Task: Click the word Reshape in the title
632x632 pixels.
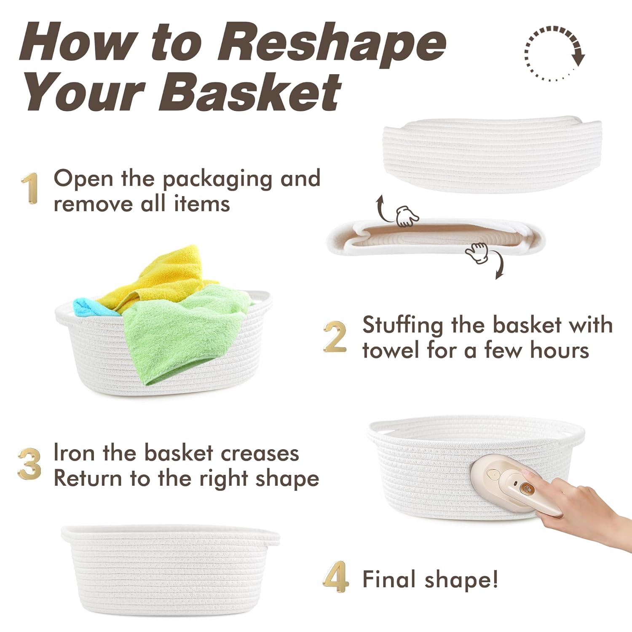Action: click(x=332, y=42)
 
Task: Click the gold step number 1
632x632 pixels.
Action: click(x=29, y=188)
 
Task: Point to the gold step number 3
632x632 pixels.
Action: click(x=29, y=463)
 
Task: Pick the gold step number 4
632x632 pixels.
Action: click(x=336, y=577)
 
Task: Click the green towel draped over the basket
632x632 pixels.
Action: click(x=185, y=333)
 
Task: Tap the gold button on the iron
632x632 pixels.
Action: click(x=525, y=488)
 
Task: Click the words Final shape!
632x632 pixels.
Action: click(x=430, y=579)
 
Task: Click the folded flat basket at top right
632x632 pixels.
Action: click(x=491, y=156)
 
